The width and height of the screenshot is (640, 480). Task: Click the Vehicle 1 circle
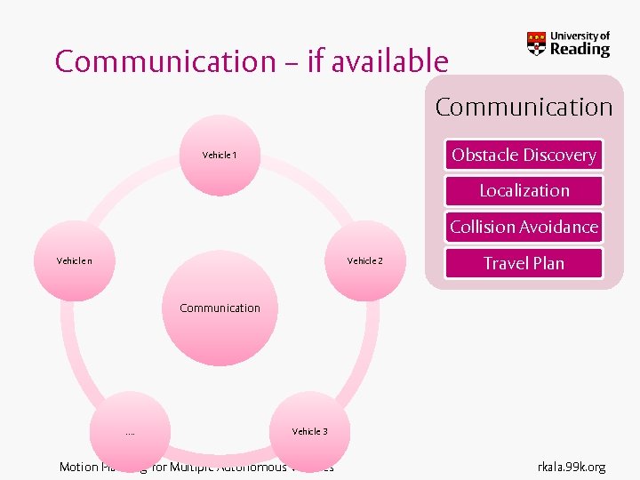220,155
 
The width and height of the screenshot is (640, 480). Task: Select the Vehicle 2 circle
364,260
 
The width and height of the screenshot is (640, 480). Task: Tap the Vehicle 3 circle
310,431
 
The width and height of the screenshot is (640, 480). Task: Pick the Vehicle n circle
74,260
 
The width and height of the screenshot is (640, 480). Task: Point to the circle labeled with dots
130,432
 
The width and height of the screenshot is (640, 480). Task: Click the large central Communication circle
220,308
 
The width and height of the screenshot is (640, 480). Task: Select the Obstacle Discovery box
524,155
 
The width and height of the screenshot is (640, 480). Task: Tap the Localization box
524,190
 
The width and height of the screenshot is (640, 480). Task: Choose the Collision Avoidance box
524,227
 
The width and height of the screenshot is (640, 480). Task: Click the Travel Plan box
524,263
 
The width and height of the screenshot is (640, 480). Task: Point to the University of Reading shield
537,44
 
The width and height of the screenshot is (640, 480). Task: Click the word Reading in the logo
580,50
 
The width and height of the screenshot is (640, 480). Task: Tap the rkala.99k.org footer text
572,467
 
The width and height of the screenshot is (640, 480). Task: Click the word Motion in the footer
78,467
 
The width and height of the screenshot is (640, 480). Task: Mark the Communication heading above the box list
524,108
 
